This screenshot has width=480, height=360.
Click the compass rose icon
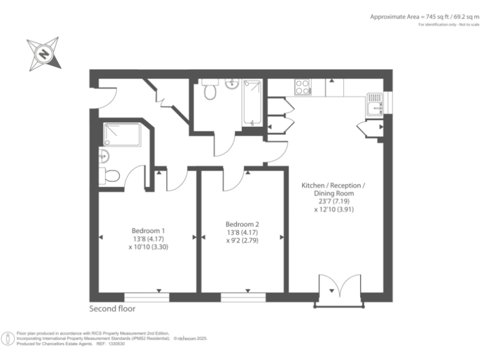(44, 54)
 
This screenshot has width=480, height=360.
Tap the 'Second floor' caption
(112, 309)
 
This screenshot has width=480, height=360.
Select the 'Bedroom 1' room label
(147, 229)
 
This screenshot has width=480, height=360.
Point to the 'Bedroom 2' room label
(242, 224)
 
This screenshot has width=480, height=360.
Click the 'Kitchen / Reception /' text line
(333, 186)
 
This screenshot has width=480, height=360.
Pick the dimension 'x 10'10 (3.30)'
(147, 247)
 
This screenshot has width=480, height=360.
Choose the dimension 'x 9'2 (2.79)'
(242, 241)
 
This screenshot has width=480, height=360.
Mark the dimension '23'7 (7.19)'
(333, 202)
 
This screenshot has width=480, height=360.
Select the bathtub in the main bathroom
(253, 102)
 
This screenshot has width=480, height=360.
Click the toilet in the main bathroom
(210, 91)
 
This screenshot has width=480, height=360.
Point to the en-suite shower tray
(122, 134)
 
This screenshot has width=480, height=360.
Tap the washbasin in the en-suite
(104, 156)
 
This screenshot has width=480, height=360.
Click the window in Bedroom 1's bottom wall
(147, 296)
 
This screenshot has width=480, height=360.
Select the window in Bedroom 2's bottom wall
(243, 296)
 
